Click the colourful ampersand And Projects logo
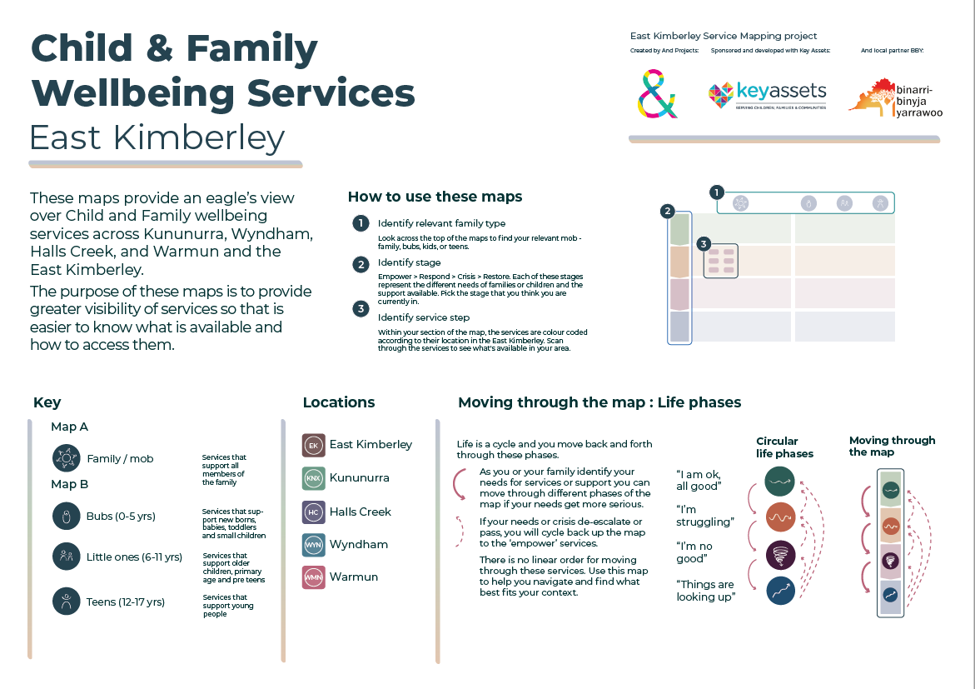(657, 93)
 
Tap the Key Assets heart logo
(720, 97)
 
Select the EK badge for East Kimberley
(313, 445)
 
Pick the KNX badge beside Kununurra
(313, 478)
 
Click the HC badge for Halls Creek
(313, 512)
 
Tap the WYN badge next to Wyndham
(313, 544)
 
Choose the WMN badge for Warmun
(313, 577)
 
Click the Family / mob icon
(65, 458)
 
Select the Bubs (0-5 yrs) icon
(65, 516)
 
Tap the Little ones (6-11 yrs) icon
(65, 557)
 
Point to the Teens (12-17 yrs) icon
(65, 601)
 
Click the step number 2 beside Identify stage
(360, 264)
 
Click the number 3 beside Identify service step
(360, 309)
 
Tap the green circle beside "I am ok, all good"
(780, 482)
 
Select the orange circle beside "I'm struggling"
(780, 517)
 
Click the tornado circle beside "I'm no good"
(780, 554)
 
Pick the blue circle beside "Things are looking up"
(780, 591)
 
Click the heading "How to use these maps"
(435, 197)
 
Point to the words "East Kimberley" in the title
(157, 137)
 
